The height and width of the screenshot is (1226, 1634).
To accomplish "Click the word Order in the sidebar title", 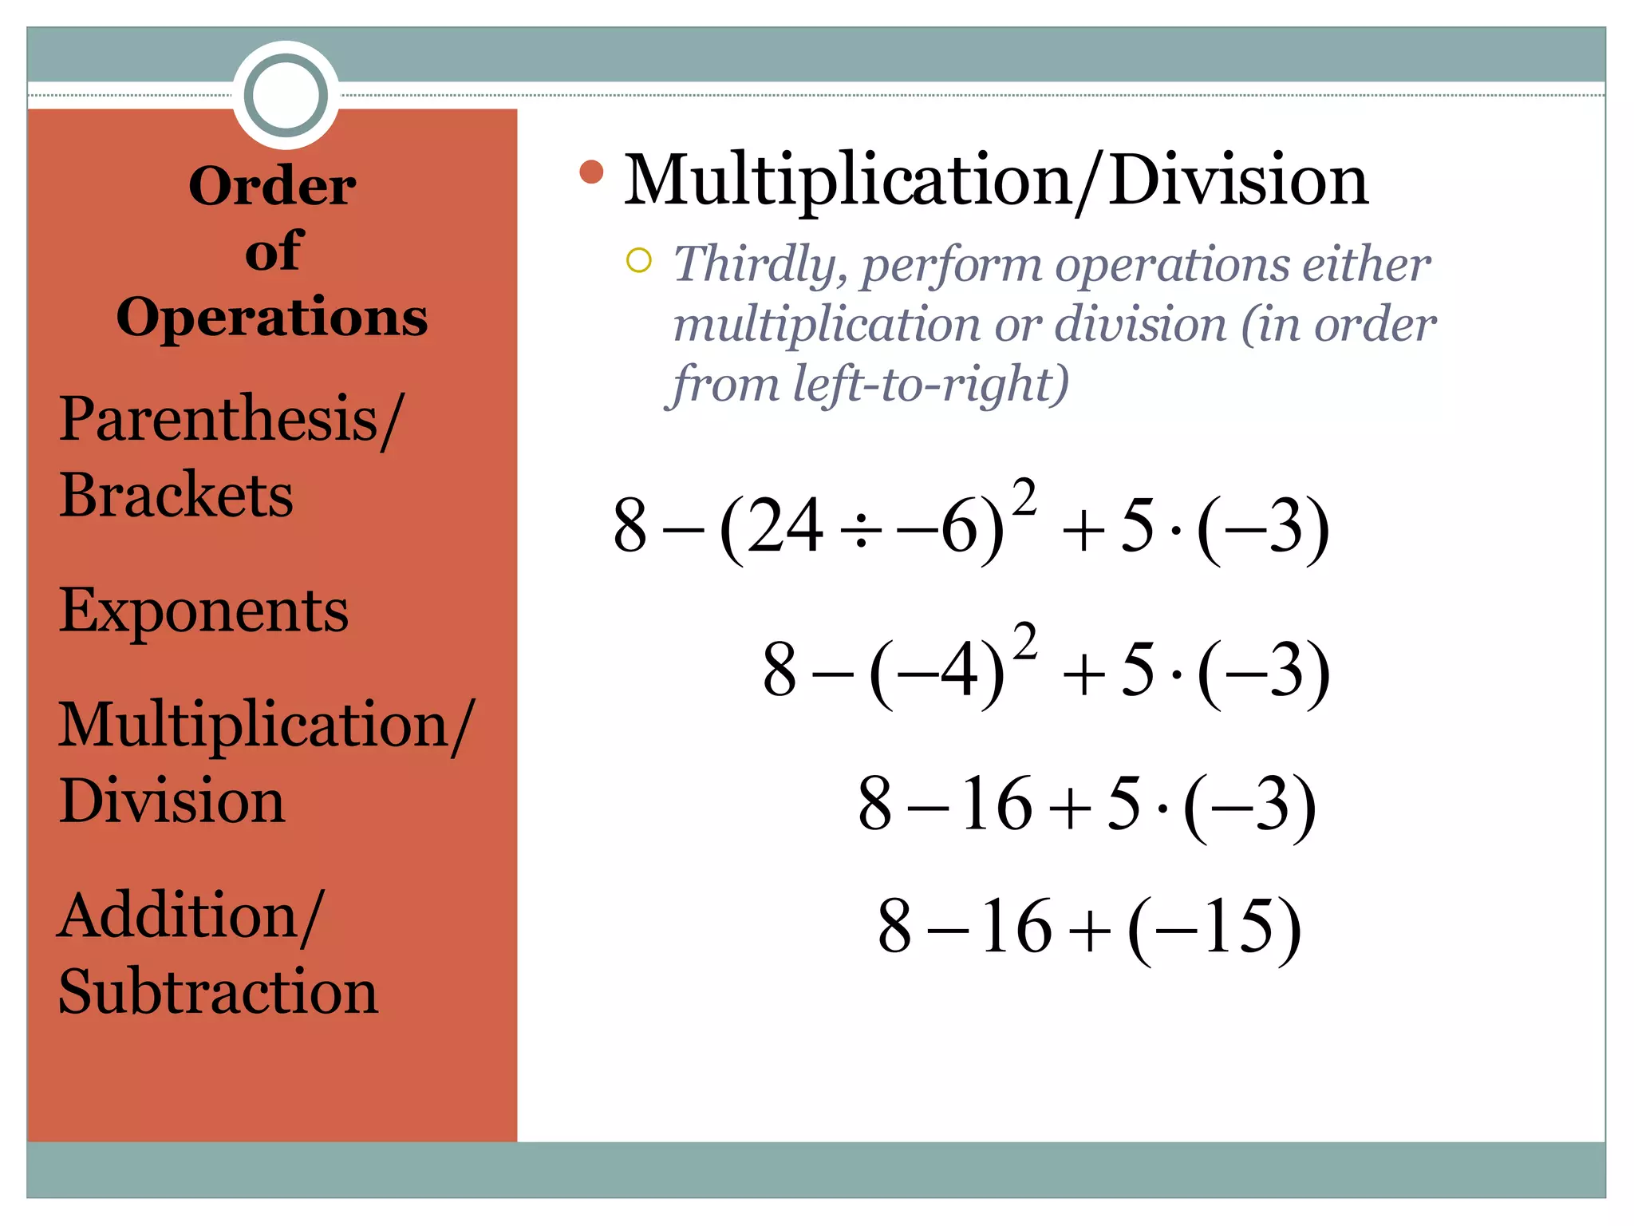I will point(272,186).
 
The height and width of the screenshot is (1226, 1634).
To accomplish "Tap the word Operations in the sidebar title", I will point(272,318).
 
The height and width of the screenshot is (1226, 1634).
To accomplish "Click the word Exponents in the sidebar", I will point(203,611).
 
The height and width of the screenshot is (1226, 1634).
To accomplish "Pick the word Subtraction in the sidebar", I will point(219,992).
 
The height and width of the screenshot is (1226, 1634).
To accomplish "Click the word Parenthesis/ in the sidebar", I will point(231,420).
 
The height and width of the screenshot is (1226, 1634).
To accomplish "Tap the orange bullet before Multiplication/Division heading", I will point(591,172).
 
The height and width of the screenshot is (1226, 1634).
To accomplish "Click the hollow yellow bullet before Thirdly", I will point(639,260).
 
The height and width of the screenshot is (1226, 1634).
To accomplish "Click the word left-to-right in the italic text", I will point(930,385).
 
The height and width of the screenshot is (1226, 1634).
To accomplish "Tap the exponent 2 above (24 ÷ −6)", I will point(1024,497).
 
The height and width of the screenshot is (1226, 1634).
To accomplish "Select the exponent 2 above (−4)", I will point(1025,642).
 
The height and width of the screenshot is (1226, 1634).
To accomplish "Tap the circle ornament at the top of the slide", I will point(286,95).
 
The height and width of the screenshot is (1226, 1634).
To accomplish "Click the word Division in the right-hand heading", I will point(1238,181).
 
